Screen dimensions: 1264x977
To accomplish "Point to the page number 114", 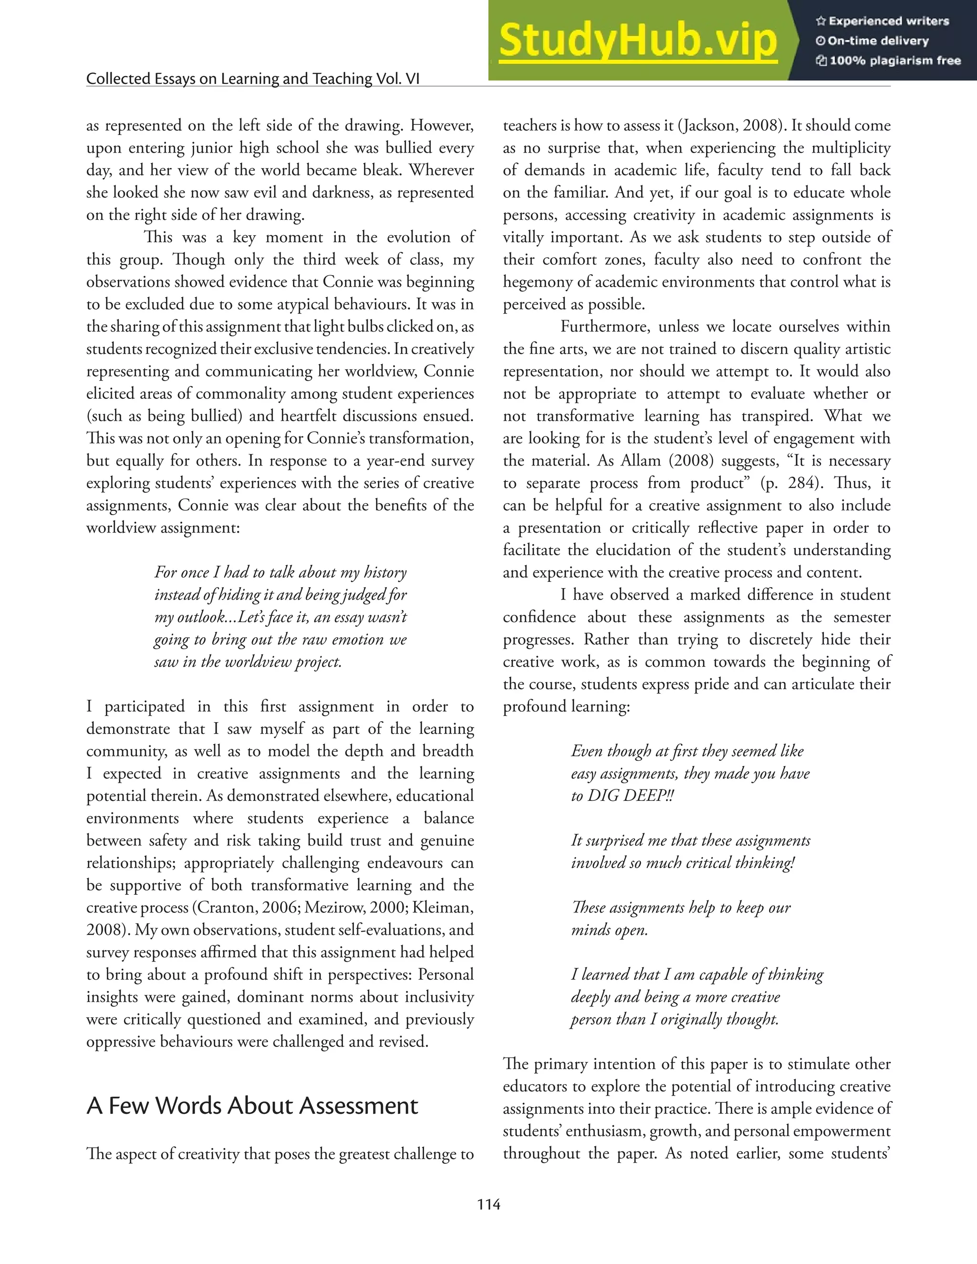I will (x=488, y=1204).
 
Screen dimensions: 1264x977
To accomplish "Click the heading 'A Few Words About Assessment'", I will (x=252, y=1106).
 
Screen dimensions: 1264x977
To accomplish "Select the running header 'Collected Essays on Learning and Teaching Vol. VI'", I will (x=252, y=79).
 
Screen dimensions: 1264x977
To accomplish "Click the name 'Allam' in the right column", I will (x=640, y=461).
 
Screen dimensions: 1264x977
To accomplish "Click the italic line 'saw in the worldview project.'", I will (x=248, y=662).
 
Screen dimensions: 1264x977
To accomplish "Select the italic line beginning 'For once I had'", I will (x=280, y=572).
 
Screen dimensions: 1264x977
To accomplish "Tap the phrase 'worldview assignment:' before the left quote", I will (x=163, y=528).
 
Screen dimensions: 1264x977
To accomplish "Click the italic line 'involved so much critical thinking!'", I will (x=683, y=863).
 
